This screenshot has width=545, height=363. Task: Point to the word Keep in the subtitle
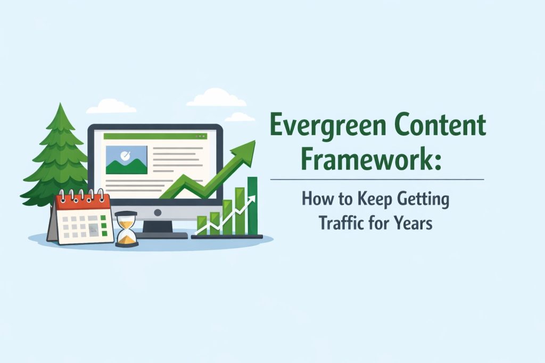coord(369,200)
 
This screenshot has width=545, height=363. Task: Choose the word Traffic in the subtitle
coord(342,222)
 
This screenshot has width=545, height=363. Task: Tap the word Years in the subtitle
coord(411,222)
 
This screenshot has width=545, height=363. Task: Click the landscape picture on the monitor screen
coord(127,159)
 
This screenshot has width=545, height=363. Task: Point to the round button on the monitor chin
coord(158,212)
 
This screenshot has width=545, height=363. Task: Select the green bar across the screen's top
coord(155,137)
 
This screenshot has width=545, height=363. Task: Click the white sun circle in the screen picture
coord(126,156)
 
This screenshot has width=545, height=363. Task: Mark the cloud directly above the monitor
coord(216,98)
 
